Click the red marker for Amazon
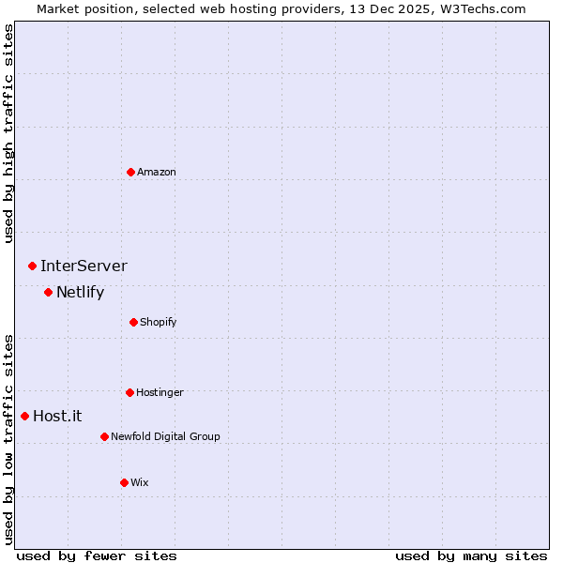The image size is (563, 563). click(130, 172)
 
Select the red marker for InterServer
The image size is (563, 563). click(32, 266)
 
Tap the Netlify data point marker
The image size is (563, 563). click(48, 293)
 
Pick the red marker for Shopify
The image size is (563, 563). click(133, 322)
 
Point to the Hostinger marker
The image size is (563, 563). click(129, 392)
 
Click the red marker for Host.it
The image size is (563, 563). click(24, 416)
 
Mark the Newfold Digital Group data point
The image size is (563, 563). click(104, 436)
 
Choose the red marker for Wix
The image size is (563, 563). click(124, 482)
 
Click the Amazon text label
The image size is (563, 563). click(157, 172)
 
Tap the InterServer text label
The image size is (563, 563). click(84, 266)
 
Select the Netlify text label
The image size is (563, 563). click(80, 293)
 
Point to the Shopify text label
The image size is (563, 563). click(159, 322)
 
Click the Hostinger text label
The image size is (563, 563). click(160, 392)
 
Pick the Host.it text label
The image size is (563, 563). click(57, 416)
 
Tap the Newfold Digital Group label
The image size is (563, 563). click(165, 436)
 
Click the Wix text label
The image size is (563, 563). click(140, 482)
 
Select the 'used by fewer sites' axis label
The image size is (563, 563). click(97, 555)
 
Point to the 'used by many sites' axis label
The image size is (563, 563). click(471, 555)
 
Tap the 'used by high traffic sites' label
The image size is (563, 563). click(8, 134)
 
